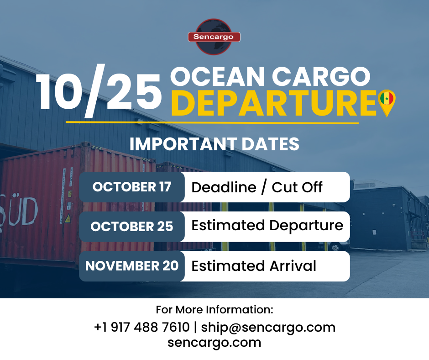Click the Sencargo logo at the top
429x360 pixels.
click(x=214, y=37)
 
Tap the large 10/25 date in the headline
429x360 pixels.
click(x=99, y=91)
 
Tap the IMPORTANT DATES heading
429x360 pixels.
click(x=214, y=144)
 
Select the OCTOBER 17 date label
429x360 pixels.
click(x=132, y=187)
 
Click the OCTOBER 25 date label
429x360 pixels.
click(x=132, y=227)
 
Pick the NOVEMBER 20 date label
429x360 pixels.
click(x=132, y=266)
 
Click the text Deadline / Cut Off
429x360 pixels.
click(x=257, y=187)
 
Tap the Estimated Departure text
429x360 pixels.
click(x=267, y=226)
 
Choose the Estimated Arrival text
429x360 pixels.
click(x=254, y=266)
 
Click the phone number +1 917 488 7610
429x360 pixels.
click(x=142, y=327)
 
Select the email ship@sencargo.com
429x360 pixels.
click(x=268, y=328)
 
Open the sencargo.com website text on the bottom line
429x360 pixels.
click(x=214, y=343)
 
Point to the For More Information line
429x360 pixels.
click(x=214, y=310)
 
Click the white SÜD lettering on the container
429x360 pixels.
click(x=19, y=211)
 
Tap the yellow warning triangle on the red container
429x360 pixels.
click(x=68, y=219)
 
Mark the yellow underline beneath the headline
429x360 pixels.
click(x=212, y=122)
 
